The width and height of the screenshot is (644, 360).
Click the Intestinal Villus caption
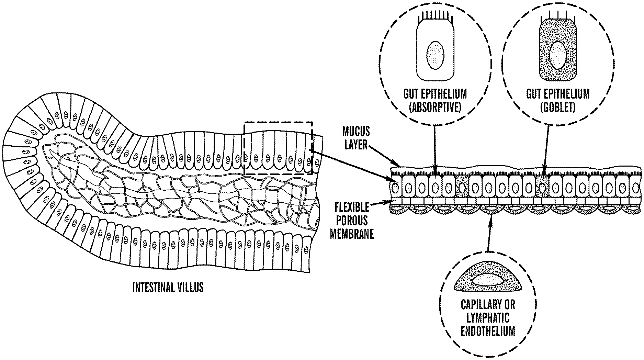168,287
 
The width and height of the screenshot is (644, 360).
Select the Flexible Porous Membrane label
352,221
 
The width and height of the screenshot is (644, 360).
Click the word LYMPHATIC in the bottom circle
488,318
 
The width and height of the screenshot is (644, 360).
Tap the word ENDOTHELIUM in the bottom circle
488,331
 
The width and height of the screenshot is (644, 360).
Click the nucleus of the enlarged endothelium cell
488,279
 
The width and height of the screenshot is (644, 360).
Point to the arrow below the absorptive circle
435,150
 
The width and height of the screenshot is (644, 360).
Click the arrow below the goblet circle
546,149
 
